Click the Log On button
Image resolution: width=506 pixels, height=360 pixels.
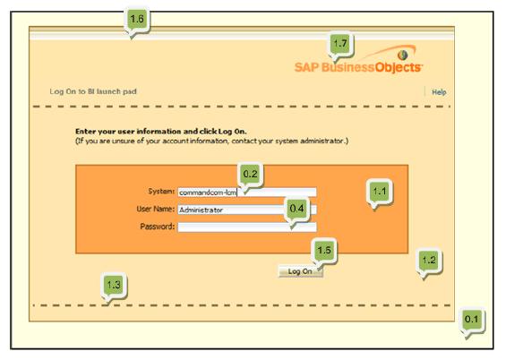pos(300,271)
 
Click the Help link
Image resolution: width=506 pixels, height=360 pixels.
pos(439,92)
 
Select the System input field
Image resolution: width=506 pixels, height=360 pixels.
pos(247,193)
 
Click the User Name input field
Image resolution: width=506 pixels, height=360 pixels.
pos(247,210)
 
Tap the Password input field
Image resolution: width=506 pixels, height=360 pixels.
pos(247,227)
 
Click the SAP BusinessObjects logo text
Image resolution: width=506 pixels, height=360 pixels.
pos(358,67)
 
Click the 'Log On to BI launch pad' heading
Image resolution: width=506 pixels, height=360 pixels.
pos(93,91)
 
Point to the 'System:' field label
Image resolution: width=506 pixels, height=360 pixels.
pos(161,192)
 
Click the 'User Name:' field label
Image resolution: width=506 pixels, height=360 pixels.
pos(156,209)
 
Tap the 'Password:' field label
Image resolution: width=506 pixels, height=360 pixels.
pos(158,227)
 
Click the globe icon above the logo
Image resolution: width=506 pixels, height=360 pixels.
pos(402,55)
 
